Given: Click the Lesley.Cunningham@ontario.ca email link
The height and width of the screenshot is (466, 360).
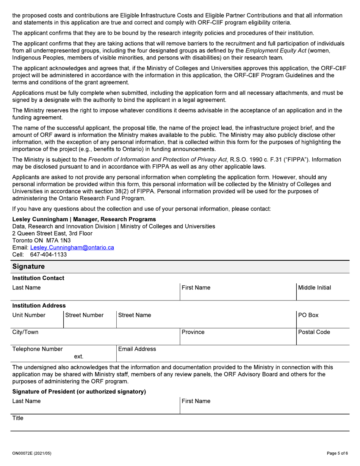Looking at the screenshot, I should [x=72, y=247].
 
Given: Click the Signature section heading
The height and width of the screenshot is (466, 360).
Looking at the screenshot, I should [x=28, y=266].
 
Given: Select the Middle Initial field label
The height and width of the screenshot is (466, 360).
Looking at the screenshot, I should [x=315, y=288].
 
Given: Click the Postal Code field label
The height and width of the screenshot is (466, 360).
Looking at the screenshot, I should [x=314, y=332].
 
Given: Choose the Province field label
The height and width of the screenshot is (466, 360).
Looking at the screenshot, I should [x=193, y=332].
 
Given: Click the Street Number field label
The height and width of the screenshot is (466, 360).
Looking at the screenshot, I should [x=85, y=315].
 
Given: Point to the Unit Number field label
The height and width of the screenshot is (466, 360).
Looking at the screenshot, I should [x=29, y=315].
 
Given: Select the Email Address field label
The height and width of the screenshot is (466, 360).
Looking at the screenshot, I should [x=137, y=349].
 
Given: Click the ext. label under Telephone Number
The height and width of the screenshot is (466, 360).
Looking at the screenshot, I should [x=78, y=357].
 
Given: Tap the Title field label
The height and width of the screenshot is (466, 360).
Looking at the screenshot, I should [x=18, y=418].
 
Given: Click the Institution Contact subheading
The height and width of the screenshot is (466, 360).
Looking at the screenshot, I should [x=38, y=278].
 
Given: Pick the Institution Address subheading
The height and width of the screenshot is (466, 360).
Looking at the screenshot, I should [x=39, y=305].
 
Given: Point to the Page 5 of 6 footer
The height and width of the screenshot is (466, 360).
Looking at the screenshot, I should [x=337, y=453].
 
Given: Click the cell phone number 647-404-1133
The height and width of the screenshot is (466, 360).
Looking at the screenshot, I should [x=48, y=255].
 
